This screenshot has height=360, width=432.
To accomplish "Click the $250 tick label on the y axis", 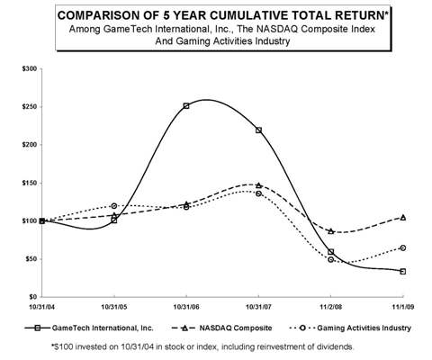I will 30,106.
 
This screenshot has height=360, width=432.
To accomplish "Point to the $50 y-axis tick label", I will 31,258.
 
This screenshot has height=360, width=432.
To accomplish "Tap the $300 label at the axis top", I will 30,68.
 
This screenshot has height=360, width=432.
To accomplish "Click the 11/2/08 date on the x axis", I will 331,306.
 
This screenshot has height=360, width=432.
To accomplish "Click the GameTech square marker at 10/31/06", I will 186,105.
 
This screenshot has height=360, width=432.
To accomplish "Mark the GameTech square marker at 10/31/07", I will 259,130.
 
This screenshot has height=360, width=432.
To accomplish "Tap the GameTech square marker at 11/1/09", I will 403,271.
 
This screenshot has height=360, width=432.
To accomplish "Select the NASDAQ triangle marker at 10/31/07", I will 259,185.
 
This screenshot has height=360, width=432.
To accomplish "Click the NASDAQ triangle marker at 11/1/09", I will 403,217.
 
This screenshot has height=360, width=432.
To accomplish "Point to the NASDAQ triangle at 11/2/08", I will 331,231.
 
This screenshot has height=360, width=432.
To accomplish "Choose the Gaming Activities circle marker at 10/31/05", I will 113,206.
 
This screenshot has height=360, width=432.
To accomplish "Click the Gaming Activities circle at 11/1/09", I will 403,247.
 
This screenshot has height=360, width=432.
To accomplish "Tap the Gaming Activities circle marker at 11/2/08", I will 331,259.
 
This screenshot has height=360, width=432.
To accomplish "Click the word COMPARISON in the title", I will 114,15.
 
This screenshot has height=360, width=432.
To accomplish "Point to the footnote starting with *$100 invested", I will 216,346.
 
